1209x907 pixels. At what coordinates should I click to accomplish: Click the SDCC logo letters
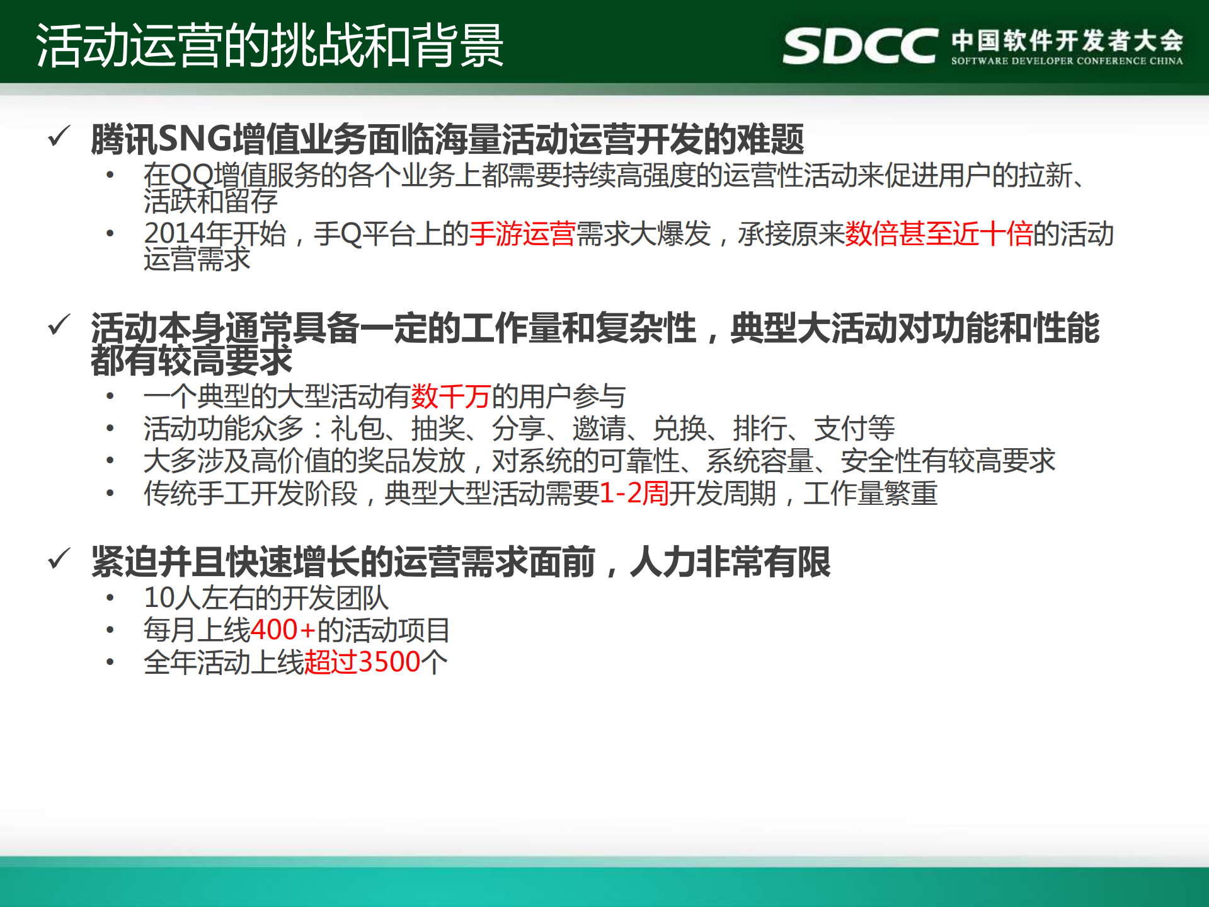pos(859,46)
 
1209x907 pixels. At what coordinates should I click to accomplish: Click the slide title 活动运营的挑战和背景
pos(270,45)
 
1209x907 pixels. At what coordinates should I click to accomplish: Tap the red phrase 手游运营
pos(522,234)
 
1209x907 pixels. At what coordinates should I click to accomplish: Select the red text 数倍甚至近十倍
pos(939,234)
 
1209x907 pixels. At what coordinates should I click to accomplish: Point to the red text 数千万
pos(451,396)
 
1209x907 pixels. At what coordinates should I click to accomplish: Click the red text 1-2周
pos(634,493)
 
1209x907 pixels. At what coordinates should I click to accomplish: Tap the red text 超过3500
pos(362,662)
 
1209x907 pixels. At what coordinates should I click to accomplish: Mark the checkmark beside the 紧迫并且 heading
pos(59,558)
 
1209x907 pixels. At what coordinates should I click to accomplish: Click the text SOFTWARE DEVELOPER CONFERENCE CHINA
pos(1067,61)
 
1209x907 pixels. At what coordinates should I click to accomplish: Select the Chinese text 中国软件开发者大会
pos(1067,40)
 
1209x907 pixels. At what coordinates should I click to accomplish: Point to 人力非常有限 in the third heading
pos(730,562)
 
